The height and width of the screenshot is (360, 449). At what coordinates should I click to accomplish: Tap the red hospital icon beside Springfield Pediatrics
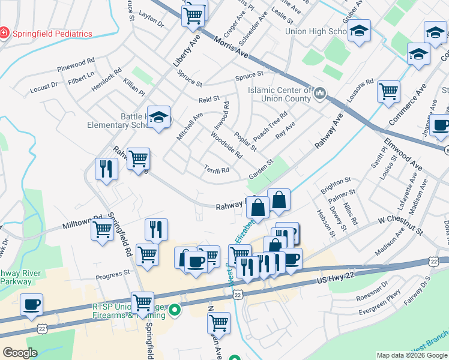[5, 33]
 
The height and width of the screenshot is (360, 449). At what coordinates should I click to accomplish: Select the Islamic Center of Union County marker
[320, 93]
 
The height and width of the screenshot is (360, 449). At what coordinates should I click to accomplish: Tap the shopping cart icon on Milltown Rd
[102, 230]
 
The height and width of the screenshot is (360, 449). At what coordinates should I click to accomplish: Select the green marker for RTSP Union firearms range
[175, 310]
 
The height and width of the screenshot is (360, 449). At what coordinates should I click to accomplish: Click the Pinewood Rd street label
[76, 61]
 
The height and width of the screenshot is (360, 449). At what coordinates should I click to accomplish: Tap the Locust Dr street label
[44, 88]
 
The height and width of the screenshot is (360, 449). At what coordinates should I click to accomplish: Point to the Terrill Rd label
[217, 170]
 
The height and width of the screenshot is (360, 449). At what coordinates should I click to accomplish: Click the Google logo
[20, 353]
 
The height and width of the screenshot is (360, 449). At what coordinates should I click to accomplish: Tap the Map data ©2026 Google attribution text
[411, 355]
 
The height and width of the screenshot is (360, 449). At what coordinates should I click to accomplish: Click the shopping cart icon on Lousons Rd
[388, 91]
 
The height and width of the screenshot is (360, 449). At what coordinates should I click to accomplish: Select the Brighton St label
[336, 181]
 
